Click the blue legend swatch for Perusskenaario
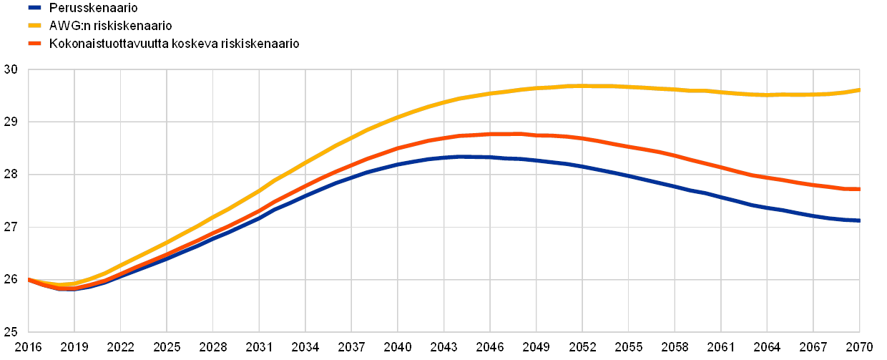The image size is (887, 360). click(34, 8)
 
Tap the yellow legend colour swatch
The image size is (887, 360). click(34, 26)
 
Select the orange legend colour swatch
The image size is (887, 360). click(34, 44)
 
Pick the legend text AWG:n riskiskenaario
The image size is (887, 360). click(110, 26)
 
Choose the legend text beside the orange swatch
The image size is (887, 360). click(175, 44)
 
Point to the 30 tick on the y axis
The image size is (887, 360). click(10, 69)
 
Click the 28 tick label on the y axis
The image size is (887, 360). click(10, 175)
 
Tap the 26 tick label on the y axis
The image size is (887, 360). click(10, 280)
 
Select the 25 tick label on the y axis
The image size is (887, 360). click(10, 332)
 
